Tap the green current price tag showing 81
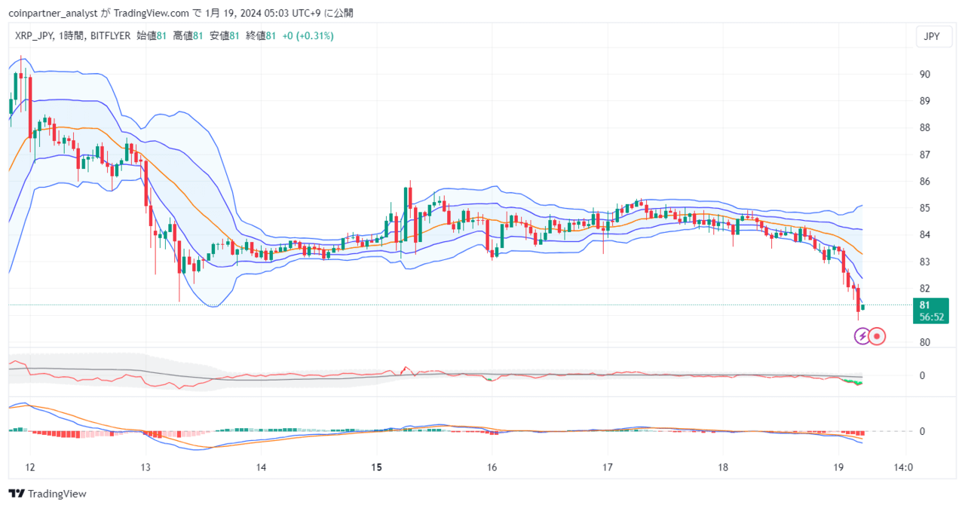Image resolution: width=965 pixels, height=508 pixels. [x=930, y=311]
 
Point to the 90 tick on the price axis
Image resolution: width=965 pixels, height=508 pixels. [x=925, y=75]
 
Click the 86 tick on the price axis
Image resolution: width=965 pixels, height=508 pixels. [x=925, y=181]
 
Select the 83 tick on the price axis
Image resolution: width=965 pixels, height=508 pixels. [x=925, y=262]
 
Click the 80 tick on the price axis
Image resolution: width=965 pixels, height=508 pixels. [x=925, y=342]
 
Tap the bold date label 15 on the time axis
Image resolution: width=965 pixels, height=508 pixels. [x=376, y=467]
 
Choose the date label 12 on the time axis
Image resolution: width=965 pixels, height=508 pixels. [x=29, y=467]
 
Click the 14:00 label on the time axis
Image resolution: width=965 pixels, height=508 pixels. [x=903, y=467]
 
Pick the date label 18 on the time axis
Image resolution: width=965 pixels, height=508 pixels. [x=723, y=467]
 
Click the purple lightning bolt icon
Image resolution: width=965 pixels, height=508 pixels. [x=862, y=336]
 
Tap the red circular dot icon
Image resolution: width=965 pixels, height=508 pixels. [x=877, y=336]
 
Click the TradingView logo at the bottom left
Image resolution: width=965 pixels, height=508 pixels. [x=47, y=494]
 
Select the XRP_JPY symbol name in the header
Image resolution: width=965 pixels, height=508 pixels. [x=34, y=36]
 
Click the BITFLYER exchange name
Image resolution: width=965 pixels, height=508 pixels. [x=110, y=35]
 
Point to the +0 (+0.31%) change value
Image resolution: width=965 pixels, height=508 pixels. [x=308, y=35]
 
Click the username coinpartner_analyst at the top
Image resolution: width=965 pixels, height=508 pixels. [x=53, y=14]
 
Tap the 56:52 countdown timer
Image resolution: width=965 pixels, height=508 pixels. [x=931, y=317]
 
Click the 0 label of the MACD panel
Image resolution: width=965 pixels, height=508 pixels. [x=922, y=431]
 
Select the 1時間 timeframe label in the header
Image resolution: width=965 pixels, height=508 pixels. [x=72, y=35]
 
